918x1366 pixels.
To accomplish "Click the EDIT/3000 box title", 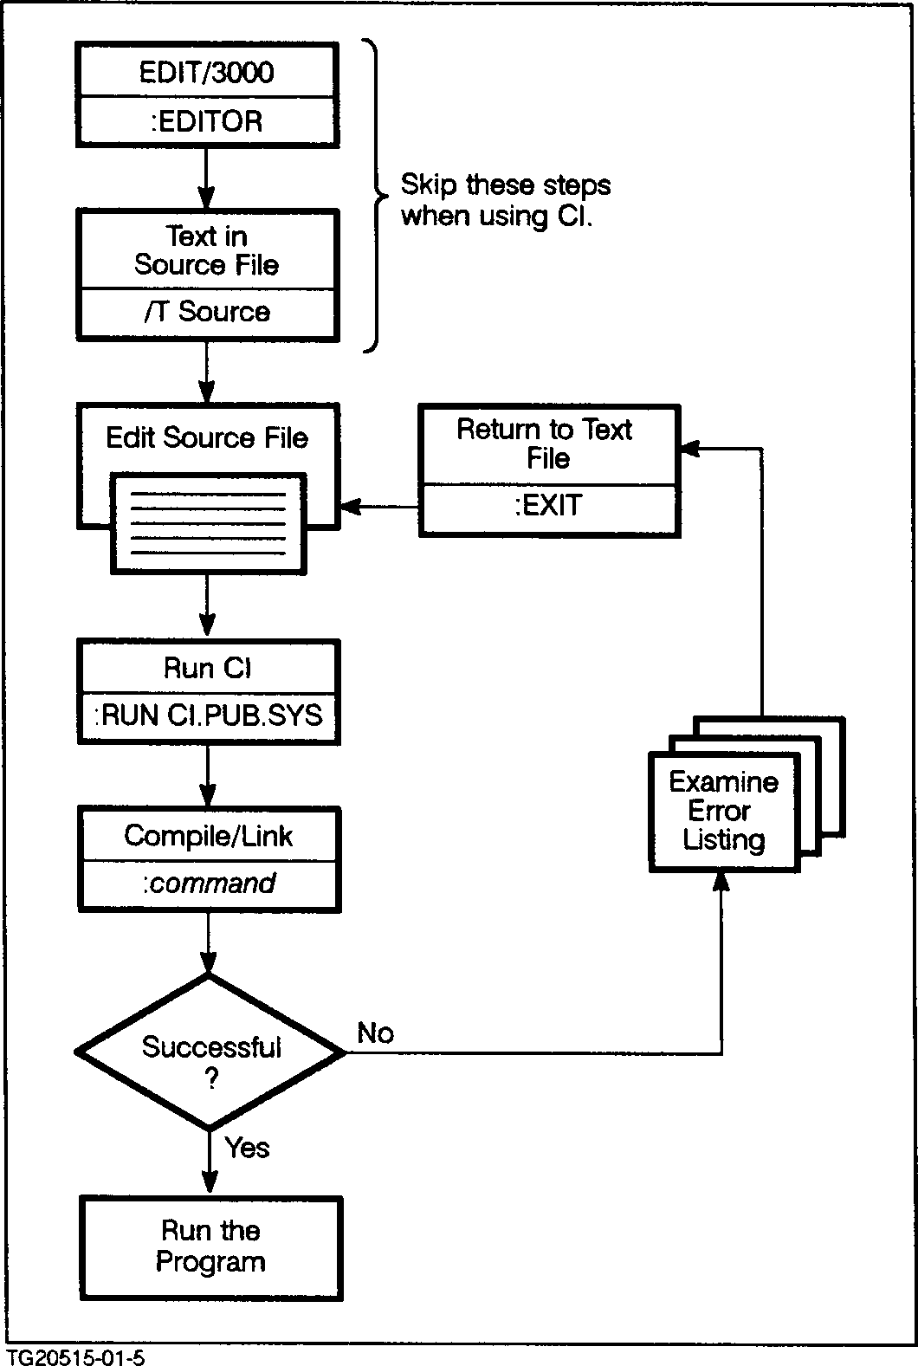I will pos(206,72).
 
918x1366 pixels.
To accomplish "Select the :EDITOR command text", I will pos(206,121).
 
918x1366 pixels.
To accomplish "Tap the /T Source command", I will pos(207,312).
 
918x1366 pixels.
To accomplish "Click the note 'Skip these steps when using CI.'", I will pos(505,200).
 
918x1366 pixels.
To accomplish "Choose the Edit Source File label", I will pos(207,437).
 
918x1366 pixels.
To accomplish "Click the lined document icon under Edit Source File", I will pos(208,522).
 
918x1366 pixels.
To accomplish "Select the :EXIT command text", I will pos(548,505).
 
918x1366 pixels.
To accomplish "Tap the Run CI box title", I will pos(208,668).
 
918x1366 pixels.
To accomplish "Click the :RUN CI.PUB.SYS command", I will pos(208,715).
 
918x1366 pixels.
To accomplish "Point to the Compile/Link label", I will pos(209,836).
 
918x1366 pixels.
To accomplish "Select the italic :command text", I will pos(209,884).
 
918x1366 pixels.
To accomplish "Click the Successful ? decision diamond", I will pos(210,1052).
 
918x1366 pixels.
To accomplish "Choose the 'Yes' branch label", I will pos(248,1148).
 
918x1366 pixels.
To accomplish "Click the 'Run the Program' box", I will pos(210,1246).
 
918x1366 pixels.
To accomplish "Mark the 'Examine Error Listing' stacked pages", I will pos(724,811).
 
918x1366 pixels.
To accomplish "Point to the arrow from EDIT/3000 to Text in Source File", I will pos(206,177).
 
